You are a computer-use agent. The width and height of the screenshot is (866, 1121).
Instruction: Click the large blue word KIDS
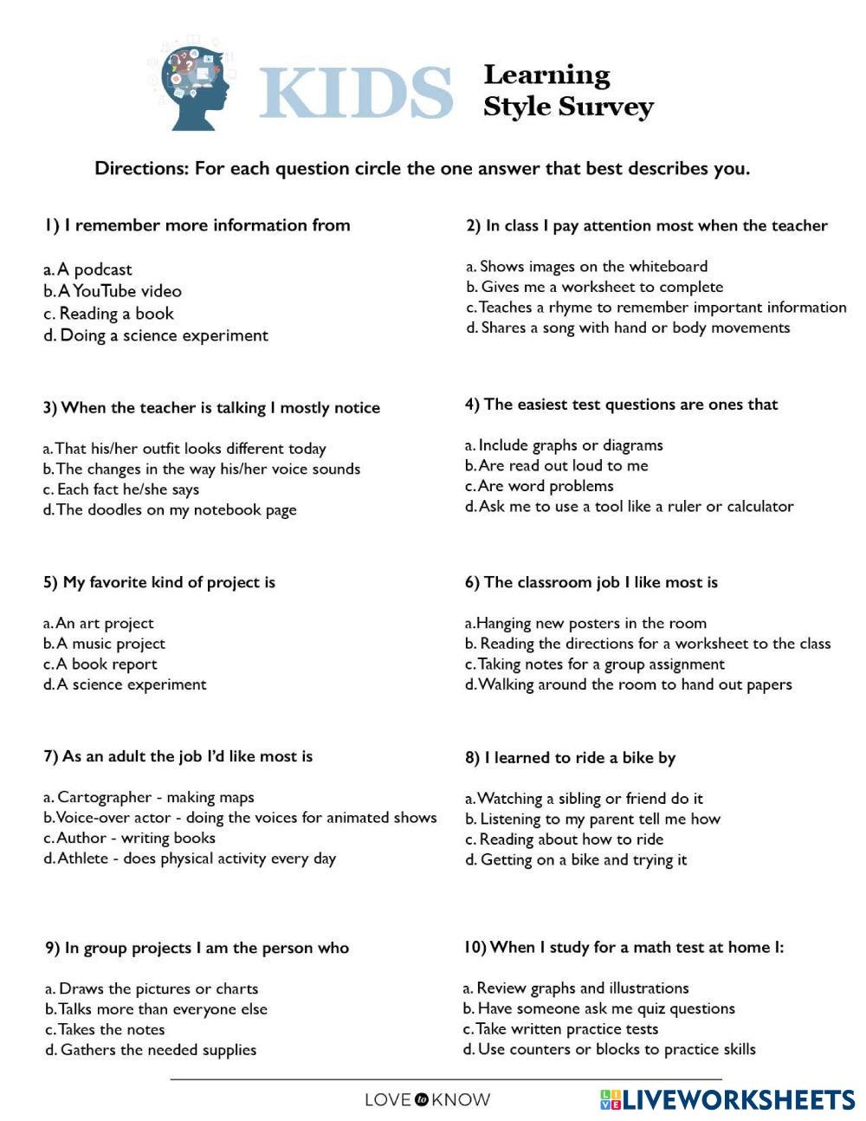356,92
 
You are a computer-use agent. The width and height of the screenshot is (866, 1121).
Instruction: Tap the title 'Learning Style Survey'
567,90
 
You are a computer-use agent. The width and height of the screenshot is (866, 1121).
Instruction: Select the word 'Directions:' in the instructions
141,168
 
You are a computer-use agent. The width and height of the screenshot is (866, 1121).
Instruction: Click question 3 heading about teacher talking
211,407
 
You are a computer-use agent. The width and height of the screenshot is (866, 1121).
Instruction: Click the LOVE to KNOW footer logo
427,1100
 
